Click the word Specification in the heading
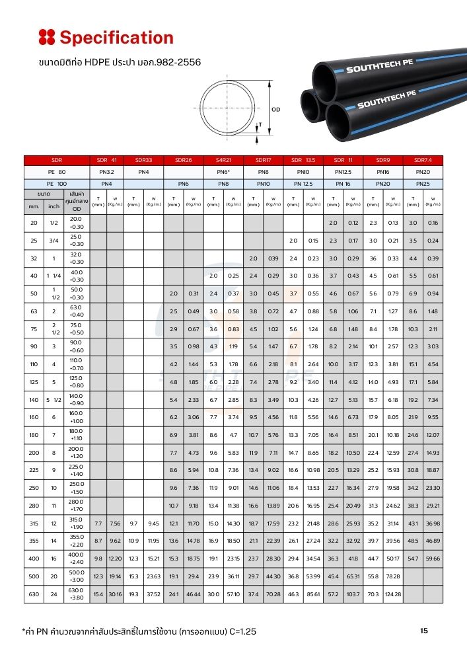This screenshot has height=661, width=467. pyautogui.click(x=116, y=38)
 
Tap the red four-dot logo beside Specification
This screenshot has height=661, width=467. pyautogui.click(x=46, y=37)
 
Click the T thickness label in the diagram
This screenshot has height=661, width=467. pyautogui.click(x=260, y=124)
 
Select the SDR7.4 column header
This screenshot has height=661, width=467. pyautogui.click(x=423, y=160)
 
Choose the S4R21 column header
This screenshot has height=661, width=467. pyautogui.click(x=223, y=160)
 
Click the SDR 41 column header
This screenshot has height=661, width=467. pyautogui.click(x=106, y=160)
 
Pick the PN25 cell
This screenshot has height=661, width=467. pyautogui.click(x=423, y=182)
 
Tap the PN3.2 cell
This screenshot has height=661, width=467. pyautogui.click(x=106, y=171)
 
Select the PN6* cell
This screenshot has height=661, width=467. pyautogui.click(x=223, y=171)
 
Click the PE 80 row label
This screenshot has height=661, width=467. pyautogui.click(x=56, y=171)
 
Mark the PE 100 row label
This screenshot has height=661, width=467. pyautogui.click(x=56, y=182)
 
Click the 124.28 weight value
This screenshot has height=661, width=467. pyautogui.click(x=393, y=595)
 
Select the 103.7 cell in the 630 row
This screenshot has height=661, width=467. pyautogui.click(x=353, y=595)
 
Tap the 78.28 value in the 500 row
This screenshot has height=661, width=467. pyautogui.click(x=393, y=577)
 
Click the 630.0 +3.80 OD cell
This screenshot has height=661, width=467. pyautogui.click(x=76, y=595)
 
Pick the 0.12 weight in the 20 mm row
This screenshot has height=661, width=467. pyautogui.click(x=353, y=223)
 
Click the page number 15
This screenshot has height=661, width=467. pyautogui.click(x=424, y=631)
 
